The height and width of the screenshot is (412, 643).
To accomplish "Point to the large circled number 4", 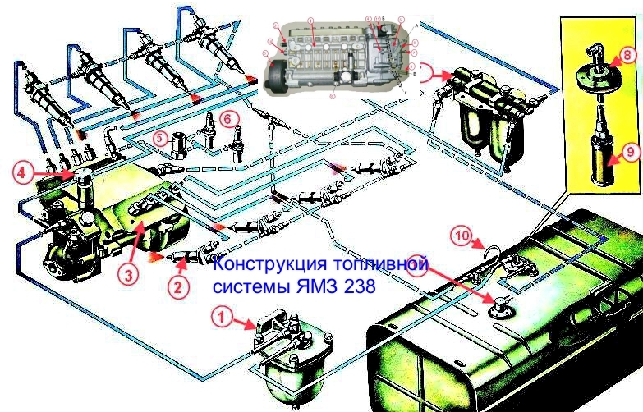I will point(24,172).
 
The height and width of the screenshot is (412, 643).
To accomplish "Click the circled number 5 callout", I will point(162,138).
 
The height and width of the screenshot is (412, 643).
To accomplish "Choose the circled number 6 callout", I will point(231,117).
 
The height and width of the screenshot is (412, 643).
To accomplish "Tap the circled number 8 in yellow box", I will point(627,57).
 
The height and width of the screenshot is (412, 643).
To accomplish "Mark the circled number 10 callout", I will point(462,237).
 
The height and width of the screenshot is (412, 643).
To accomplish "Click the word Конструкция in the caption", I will point(265,267).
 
